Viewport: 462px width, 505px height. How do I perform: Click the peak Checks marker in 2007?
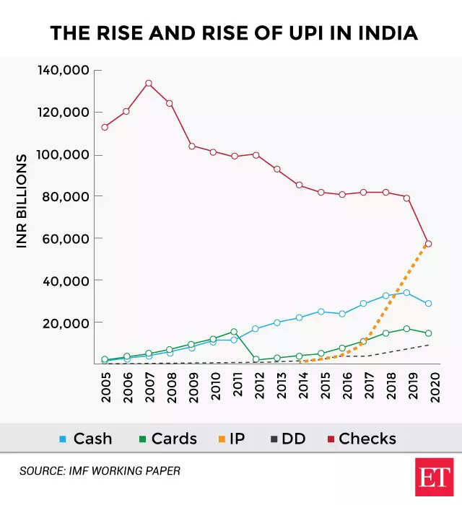click(x=148, y=83)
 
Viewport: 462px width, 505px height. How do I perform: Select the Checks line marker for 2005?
click(x=105, y=127)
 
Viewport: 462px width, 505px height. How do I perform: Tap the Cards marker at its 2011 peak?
click(x=234, y=332)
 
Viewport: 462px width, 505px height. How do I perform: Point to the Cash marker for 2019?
click(x=406, y=293)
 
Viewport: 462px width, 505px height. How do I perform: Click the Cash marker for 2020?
click(x=428, y=304)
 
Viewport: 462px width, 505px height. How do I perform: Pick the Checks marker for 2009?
click(x=191, y=146)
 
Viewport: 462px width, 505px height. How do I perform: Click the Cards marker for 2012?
click(x=256, y=359)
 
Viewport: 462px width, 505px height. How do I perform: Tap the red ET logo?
click(x=434, y=477)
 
